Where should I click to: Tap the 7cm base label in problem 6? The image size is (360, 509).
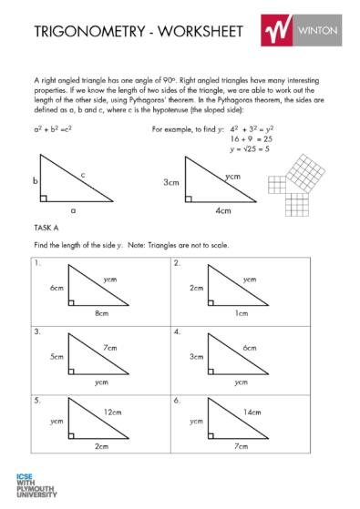tap(241, 447)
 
